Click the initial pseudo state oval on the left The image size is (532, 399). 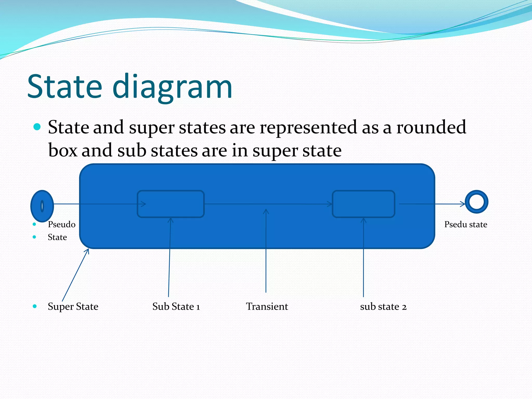42,206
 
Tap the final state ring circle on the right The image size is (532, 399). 476,202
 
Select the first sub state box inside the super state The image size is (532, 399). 171,204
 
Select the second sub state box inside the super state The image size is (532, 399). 363,204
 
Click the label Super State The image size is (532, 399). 73,307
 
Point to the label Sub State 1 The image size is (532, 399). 176,307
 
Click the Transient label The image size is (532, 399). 267,307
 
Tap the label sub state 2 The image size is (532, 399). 383,307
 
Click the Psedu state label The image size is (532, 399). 465,224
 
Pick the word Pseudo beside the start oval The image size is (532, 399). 62,224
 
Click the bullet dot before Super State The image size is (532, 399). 35,306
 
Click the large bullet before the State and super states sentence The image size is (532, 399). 37,127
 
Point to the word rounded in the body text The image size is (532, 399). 431,127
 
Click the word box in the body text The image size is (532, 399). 63,150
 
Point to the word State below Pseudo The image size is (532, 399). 57,237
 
